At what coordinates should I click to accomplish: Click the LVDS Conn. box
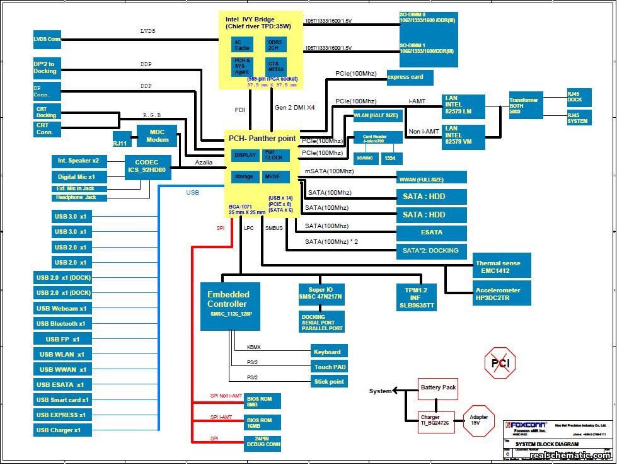click(47, 39)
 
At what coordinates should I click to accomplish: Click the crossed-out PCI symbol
click(500, 363)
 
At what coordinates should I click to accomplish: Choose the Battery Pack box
click(438, 388)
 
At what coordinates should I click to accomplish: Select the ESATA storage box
click(431, 233)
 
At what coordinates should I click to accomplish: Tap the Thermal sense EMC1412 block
click(502, 267)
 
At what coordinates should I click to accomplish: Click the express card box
click(409, 77)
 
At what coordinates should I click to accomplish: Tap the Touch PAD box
click(329, 367)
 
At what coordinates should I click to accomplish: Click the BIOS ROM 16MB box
click(262, 423)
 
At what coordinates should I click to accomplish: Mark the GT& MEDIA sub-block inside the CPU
click(276, 66)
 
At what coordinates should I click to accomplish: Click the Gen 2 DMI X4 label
click(294, 108)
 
